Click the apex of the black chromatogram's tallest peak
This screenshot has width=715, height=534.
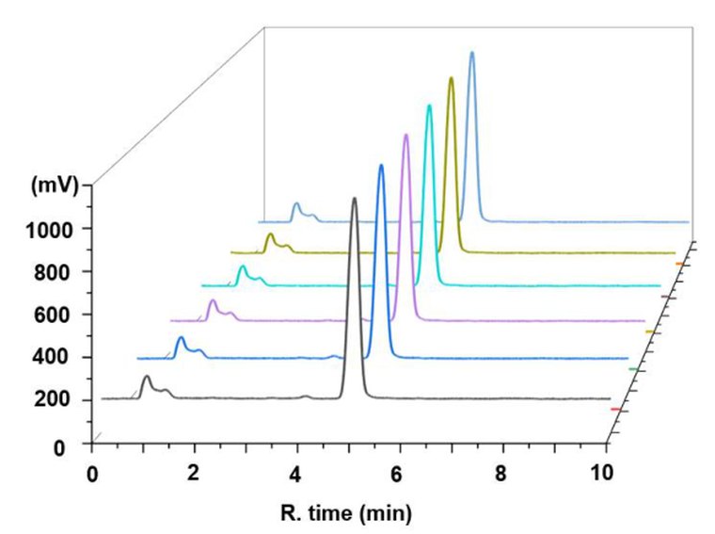355,198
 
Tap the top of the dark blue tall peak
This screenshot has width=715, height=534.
381,165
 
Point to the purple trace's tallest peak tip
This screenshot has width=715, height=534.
405,135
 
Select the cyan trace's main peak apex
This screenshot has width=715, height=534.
429,105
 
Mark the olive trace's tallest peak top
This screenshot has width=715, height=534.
451,77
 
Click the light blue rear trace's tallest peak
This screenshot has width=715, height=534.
471,52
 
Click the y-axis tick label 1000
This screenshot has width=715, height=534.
49,230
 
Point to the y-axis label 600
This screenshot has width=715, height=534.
54,315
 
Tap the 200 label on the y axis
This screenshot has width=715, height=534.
54,400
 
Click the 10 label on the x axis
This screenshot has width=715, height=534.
602,473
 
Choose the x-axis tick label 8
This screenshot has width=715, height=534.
500,475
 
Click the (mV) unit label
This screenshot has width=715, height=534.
54,186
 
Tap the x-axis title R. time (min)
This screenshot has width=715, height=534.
346,513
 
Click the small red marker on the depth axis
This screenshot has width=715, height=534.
615,410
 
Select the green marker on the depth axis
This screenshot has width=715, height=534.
634,369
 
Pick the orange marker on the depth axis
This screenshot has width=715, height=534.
679,264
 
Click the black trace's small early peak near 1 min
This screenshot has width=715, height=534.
147,377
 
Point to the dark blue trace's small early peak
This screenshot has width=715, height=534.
181,338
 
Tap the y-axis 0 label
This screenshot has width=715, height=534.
59,448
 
